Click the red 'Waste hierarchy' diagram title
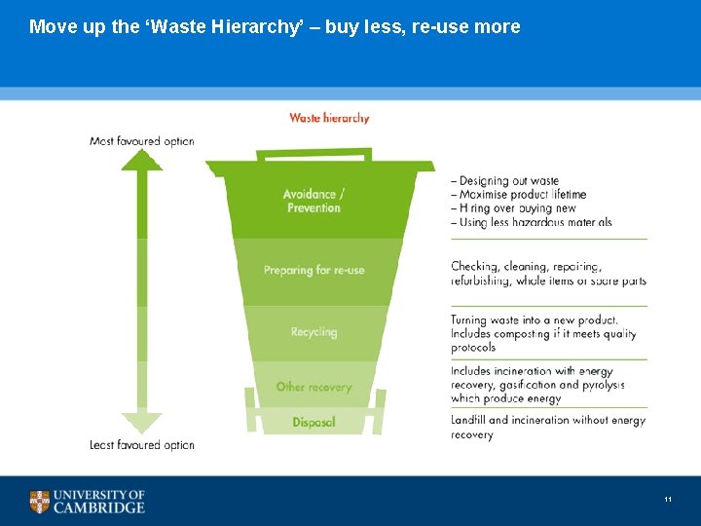(329, 118)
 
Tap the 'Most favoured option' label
(141, 141)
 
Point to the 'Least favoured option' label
(141, 445)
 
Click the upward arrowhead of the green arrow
(142, 160)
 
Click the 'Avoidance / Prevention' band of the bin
(314, 201)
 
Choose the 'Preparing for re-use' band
(314, 270)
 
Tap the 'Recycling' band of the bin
(314, 332)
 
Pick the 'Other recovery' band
(314, 387)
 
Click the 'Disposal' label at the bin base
(314, 422)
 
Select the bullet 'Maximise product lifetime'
(522, 195)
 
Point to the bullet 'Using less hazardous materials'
(535, 222)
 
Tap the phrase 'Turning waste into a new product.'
(535, 319)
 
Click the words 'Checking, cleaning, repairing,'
(526, 266)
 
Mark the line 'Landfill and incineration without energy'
(548, 420)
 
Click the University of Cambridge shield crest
(40, 502)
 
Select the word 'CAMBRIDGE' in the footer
(99, 507)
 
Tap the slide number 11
(668, 500)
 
